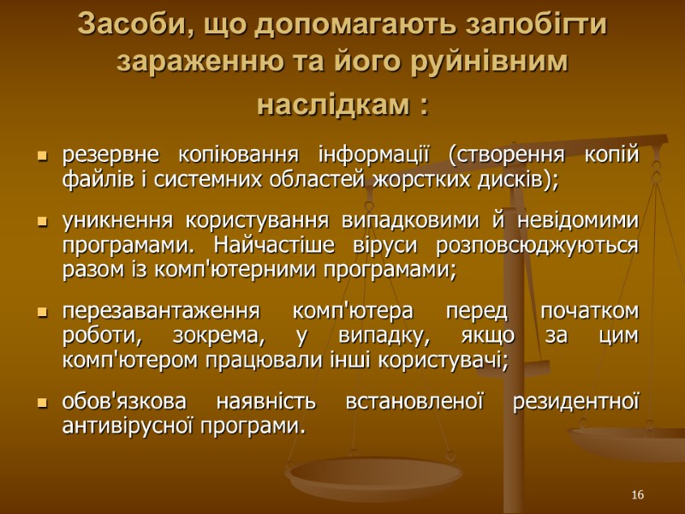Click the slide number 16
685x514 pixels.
pyautogui.click(x=637, y=496)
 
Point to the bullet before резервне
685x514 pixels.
pyautogui.click(x=40, y=158)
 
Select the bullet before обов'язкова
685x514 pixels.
pyautogui.click(x=40, y=403)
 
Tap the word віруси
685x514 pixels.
pyautogui.click(x=384, y=247)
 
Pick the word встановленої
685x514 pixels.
pyautogui.click(x=414, y=403)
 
